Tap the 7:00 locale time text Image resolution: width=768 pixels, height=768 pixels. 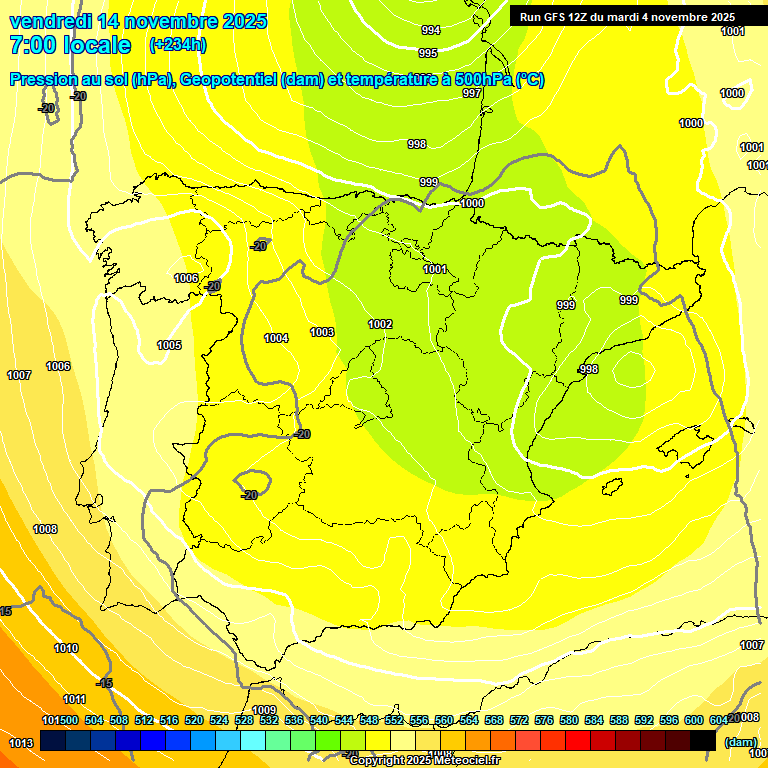tap(70, 45)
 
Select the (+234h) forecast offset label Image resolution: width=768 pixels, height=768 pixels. tap(178, 45)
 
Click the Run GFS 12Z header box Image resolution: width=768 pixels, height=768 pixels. tap(627, 16)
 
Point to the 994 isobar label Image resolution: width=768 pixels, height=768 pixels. tap(431, 30)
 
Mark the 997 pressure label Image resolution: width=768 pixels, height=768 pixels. tap(472, 93)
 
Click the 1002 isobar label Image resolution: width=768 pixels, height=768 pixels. tap(380, 324)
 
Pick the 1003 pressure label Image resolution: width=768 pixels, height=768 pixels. tap(322, 332)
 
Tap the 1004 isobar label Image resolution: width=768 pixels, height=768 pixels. tap(276, 338)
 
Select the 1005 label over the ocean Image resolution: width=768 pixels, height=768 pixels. tap(169, 345)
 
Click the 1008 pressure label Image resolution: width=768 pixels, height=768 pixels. tap(45, 529)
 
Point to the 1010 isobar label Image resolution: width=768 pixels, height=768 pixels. tap(66, 648)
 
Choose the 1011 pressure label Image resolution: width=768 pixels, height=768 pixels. tap(74, 698)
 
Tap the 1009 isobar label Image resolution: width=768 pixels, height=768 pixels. tap(264, 682)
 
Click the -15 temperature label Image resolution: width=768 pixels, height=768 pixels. tap(104, 683)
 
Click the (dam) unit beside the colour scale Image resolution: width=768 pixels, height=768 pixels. tap(740, 741)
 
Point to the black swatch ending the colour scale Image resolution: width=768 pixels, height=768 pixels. tap(703, 740)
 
